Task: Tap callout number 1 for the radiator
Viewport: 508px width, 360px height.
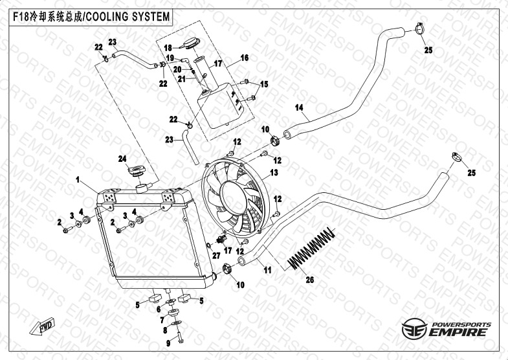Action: coord(77,179)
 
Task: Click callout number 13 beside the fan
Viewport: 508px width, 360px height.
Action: coord(274,173)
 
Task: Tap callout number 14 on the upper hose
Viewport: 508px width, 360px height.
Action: coord(299,107)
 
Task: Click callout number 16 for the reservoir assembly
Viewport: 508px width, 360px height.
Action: coord(245,58)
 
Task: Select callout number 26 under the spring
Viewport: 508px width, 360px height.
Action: coord(309,281)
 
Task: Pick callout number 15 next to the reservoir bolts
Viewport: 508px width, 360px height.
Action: coord(264,84)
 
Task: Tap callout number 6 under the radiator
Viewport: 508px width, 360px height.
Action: coord(158,309)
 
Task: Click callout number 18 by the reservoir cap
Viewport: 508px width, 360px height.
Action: coord(167,48)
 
